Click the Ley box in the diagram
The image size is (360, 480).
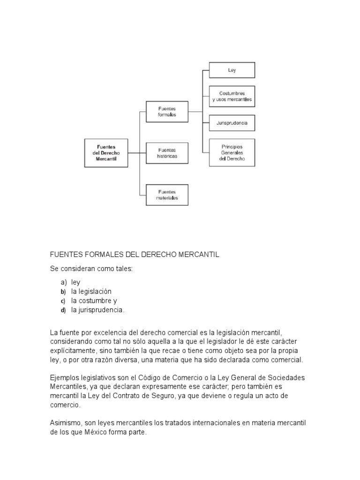coord(232,70)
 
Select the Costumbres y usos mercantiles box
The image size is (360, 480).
coord(232,97)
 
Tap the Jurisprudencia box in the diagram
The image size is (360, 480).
coord(232,123)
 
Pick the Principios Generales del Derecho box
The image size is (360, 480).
coord(232,152)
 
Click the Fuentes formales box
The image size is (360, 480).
coord(167,112)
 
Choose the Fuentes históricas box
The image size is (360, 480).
coord(167,153)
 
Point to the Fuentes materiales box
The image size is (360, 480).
coord(167,195)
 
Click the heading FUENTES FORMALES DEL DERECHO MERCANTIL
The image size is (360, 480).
coord(135,255)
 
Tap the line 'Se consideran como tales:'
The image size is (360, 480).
coord(91,269)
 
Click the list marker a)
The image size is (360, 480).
coord(63,283)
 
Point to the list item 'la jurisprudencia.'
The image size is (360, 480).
coord(98,310)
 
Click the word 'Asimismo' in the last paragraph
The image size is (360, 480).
coord(65,423)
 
